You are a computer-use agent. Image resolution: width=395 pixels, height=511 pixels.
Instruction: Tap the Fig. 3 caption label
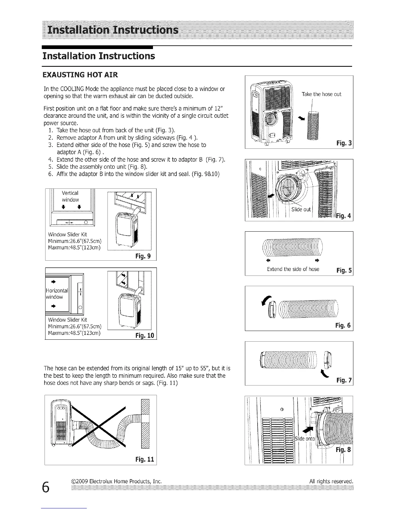[344, 143]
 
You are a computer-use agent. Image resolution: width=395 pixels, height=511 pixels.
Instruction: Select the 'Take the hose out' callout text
[321, 94]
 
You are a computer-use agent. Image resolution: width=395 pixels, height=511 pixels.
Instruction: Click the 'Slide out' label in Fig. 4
[301, 209]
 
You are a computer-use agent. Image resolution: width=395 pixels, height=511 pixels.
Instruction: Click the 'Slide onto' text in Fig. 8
[305, 439]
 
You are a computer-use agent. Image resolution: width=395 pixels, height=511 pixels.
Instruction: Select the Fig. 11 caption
[145, 459]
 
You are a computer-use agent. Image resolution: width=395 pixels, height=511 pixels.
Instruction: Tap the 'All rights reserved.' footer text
[331, 482]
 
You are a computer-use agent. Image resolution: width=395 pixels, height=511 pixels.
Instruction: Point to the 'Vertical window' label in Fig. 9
[70, 196]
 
